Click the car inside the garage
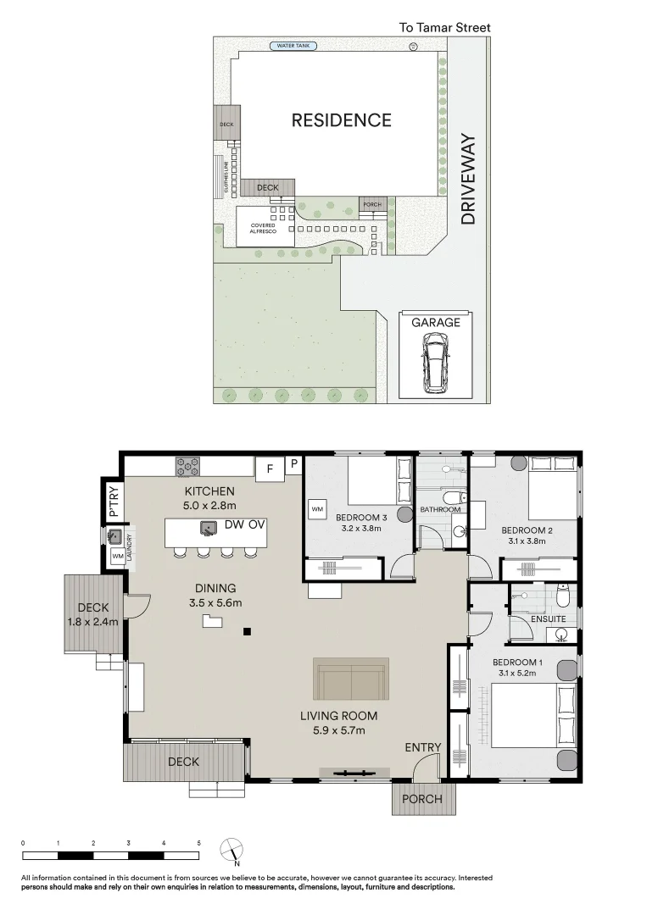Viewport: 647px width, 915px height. coord(436,360)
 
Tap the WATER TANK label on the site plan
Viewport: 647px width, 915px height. coord(293,46)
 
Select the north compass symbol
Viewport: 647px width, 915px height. coord(232,850)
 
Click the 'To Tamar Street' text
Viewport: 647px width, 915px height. coord(444,27)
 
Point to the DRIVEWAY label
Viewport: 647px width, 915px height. coord(468,179)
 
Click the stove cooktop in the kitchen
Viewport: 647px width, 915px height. coord(187,466)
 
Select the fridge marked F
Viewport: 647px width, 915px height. coord(270,467)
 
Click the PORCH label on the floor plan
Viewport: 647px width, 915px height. coord(422,799)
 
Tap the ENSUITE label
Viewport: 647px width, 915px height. coord(548,619)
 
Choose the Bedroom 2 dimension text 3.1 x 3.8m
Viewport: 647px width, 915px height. coord(526,541)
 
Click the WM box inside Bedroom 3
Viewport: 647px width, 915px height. coord(317,509)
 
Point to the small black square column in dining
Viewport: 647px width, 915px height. coord(247,631)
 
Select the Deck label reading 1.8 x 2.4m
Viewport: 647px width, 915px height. coord(94,613)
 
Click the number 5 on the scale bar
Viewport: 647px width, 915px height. coord(198,843)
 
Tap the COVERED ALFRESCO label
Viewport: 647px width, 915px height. coord(263,226)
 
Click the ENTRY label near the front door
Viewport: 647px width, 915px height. coord(422,746)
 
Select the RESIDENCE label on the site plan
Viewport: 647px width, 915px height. coord(341,120)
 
